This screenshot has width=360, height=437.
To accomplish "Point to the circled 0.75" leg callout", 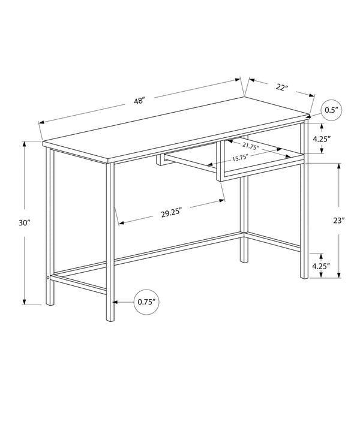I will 147,302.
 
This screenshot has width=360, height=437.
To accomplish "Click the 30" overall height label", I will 24,222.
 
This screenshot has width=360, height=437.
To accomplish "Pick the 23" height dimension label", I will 340,220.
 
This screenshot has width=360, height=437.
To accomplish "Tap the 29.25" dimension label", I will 172,211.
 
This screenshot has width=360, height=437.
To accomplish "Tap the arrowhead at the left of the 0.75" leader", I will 115,302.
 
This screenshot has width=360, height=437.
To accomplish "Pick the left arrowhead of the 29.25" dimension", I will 120,224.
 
